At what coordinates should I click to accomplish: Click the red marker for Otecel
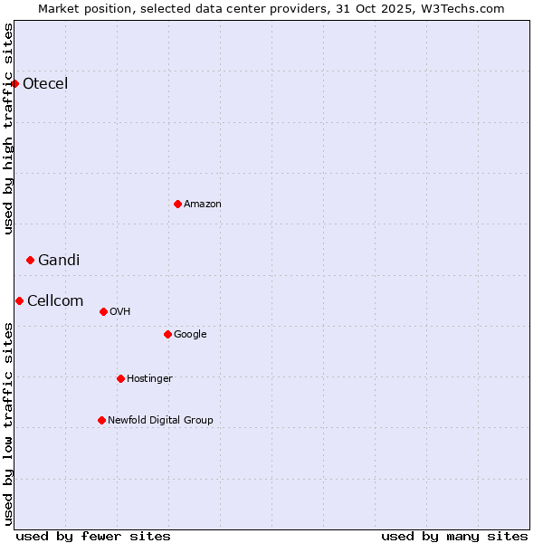[14, 84]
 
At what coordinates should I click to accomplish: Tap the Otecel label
[45, 84]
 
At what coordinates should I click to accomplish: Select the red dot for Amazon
[177, 204]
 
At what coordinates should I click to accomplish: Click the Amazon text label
[203, 204]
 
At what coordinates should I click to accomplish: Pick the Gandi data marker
[30, 260]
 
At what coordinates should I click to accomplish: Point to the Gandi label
[59, 260]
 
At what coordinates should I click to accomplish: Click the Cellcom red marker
[19, 300]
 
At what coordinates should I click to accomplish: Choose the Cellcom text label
[55, 300]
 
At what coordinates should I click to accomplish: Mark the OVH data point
[103, 311]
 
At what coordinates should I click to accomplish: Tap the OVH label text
[120, 311]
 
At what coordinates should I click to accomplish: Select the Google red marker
[167, 334]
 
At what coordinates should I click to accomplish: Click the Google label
[190, 334]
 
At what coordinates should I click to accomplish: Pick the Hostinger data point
[120, 378]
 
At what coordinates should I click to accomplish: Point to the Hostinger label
[149, 378]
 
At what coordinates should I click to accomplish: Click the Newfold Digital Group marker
[101, 420]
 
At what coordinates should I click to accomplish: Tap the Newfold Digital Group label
[160, 420]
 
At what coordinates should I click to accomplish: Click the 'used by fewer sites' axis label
[93, 536]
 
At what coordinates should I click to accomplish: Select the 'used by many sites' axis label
[454, 536]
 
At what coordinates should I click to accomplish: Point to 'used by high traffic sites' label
[8, 129]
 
